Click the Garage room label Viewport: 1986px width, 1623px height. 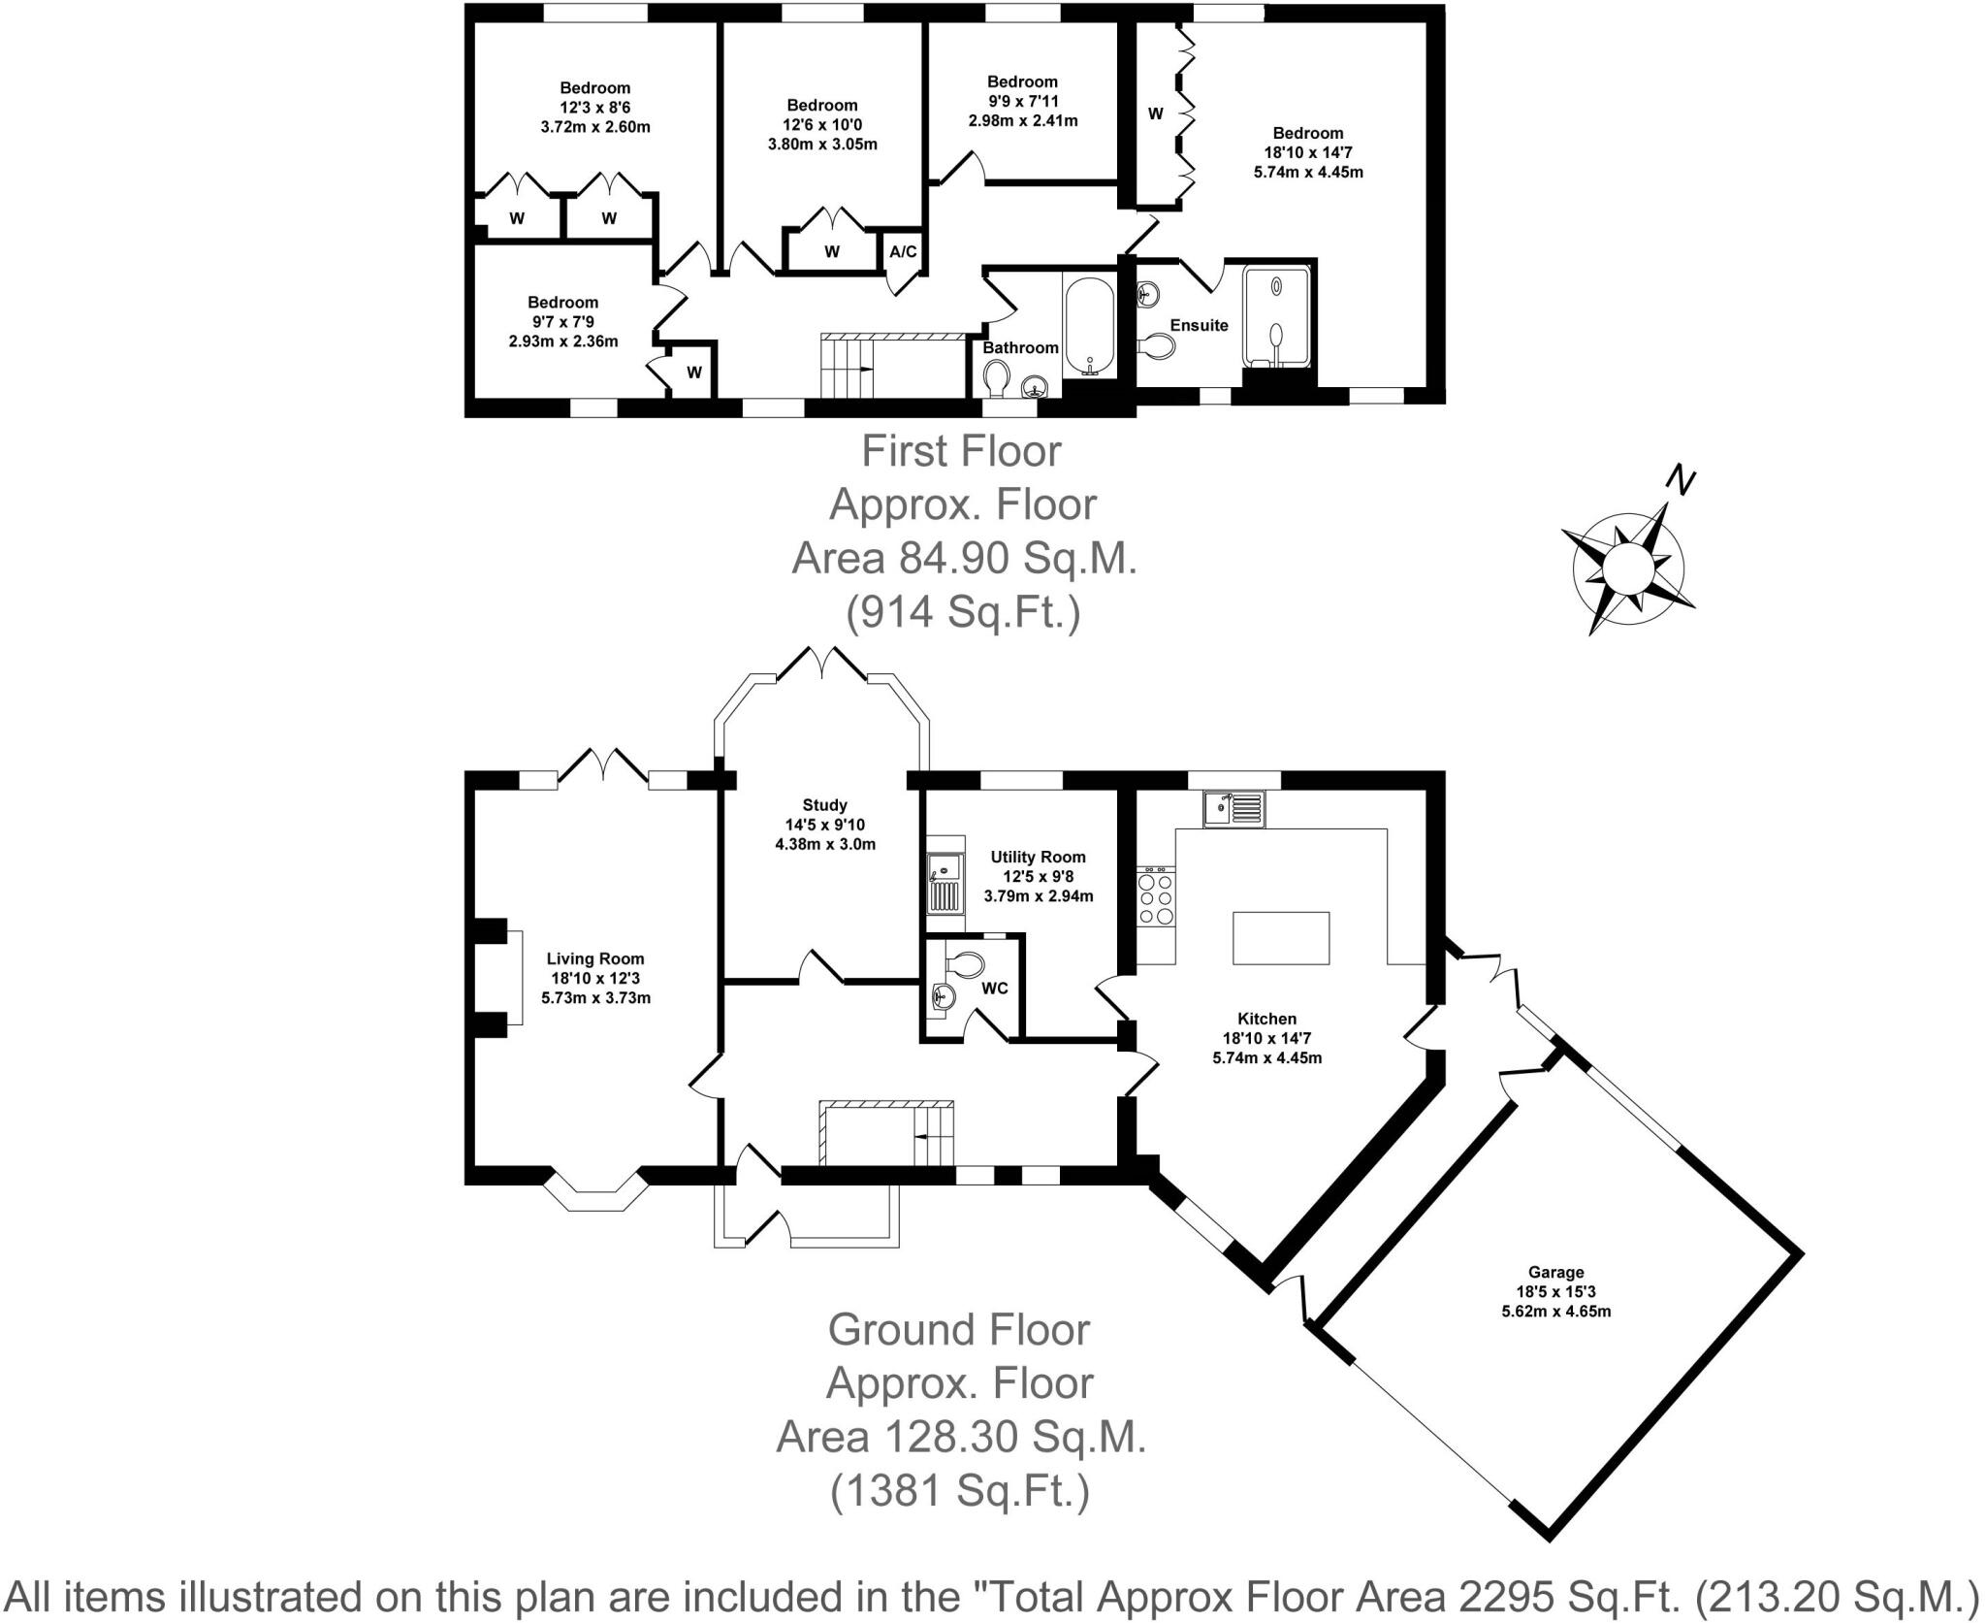1555,1272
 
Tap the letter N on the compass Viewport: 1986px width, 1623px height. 1680,481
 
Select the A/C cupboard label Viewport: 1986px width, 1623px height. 903,252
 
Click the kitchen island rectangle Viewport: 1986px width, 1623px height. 1280,937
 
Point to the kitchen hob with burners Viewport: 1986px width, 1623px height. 1155,899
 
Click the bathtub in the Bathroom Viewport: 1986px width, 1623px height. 1091,325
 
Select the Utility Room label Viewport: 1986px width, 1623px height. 1038,857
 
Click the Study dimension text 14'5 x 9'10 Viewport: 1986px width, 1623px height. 824,825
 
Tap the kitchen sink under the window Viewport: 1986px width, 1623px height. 1233,808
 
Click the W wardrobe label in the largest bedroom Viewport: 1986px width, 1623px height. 1155,114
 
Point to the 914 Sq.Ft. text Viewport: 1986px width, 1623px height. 963,612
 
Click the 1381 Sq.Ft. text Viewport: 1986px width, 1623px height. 960,1491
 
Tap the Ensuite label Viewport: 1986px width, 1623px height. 1199,326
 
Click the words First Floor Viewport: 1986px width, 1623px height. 961,451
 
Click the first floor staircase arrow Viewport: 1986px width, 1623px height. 857,370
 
